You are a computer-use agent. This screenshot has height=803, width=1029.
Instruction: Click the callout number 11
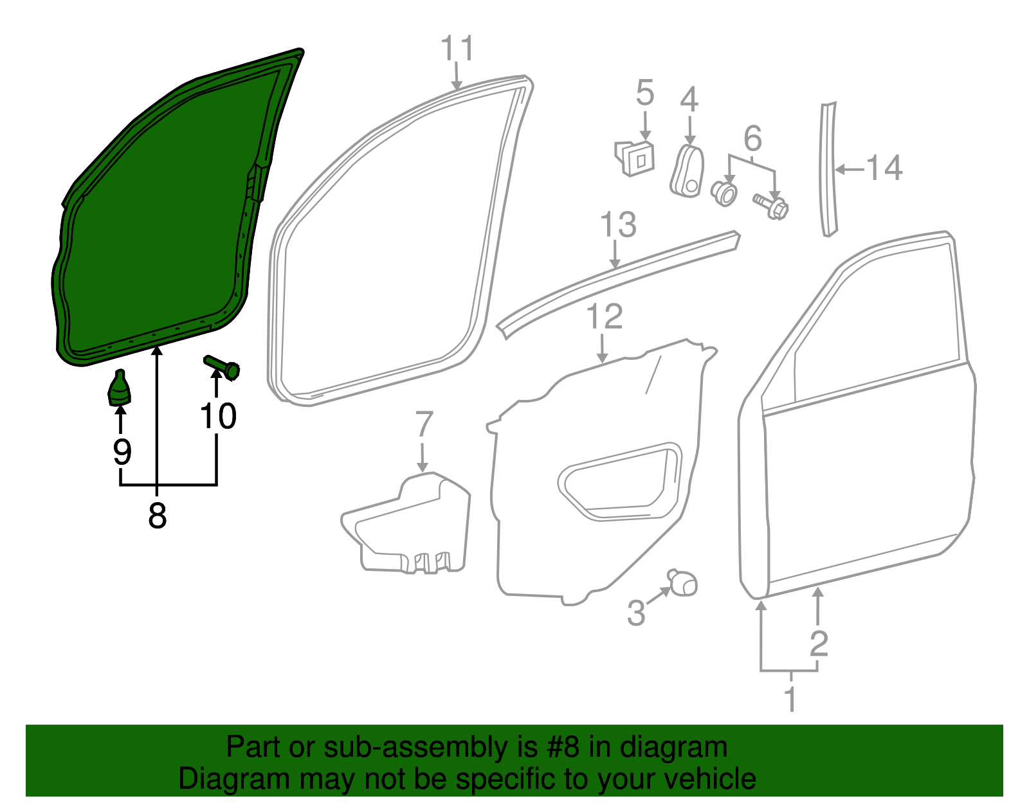click(457, 49)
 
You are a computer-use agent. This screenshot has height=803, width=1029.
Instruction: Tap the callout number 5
click(644, 93)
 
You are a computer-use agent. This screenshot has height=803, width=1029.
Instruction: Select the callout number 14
click(884, 168)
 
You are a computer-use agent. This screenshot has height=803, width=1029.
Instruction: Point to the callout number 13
click(617, 225)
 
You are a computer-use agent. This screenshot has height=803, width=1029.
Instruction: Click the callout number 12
click(605, 316)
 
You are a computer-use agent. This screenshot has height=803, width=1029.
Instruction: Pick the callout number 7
click(424, 424)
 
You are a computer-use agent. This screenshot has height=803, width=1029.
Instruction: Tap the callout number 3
click(635, 613)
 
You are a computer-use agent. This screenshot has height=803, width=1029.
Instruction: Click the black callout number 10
click(218, 417)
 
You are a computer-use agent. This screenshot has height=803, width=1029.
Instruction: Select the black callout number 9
click(122, 451)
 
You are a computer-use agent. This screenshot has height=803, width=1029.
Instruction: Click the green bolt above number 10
click(223, 367)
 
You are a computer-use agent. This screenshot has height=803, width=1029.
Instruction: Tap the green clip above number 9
click(119, 389)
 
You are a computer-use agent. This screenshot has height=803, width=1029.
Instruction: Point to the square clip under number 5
click(636, 158)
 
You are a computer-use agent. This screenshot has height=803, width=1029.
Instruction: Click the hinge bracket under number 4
click(687, 172)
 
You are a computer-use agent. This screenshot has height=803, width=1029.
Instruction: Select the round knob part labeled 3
click(682, 582)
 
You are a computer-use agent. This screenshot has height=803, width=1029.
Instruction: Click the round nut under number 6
click(724, 192)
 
